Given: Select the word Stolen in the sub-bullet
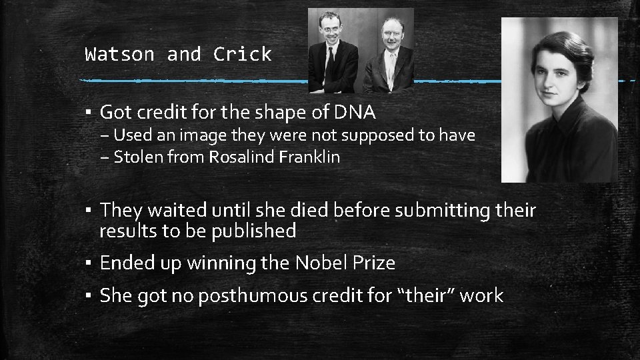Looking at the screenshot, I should [x=134, y=157].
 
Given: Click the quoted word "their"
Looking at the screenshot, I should [x=420, y=295].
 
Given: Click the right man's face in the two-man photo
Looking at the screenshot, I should [x=390, y=35].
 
